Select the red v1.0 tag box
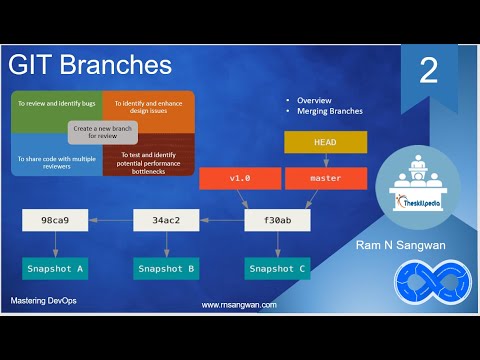pyautogui.click(x=240, y=179)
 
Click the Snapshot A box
pyautogui.click(x=54, y=268)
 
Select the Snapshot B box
pyautogui.click(x=164, y=268)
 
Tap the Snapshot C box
pyautogui.click(x=276, y=268)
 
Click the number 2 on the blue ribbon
pyautogui.click(x=428, y=71)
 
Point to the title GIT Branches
pyautogui.click(x=90, y=66)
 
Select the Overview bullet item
pyautogui.click(x=314, y=101)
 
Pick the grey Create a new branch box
pyautogui.click(x=102, y=133)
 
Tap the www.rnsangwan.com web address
pyautogui.click(x=239, y=305)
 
